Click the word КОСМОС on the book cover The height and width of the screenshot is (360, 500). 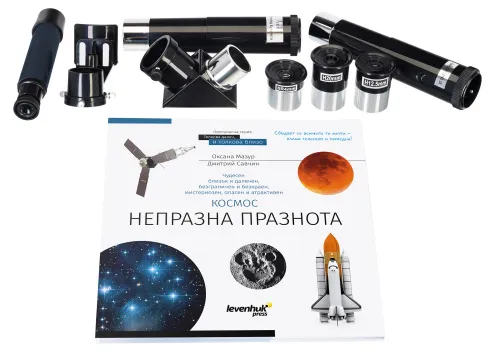pos(237,199)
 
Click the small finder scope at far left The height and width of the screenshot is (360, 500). pos(29,60)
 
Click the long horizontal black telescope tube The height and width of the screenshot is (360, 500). pos(211,33)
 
